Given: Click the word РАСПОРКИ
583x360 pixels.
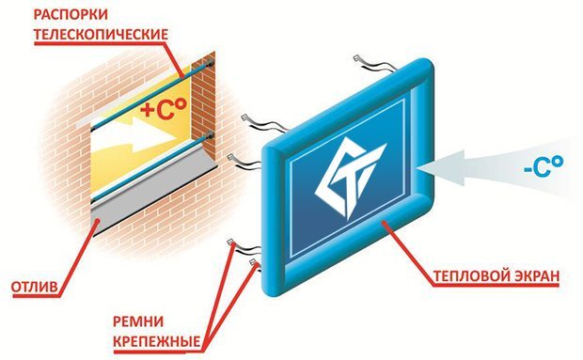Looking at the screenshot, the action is click(71, 14).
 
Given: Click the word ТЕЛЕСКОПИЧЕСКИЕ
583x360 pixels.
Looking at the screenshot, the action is click(101, 34).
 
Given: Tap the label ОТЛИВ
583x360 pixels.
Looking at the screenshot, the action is click(35, 287).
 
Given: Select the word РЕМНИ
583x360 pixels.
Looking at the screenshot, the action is click(138, 321).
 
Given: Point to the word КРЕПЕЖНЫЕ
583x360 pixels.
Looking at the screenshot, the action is click(156, 341).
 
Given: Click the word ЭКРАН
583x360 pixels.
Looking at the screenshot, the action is click(537, 276).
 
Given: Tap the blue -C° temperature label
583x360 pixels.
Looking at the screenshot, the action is click(544, 166).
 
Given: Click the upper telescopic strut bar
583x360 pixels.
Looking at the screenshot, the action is click(152, 94).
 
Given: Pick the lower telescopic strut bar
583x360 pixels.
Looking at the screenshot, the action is click(152, 167).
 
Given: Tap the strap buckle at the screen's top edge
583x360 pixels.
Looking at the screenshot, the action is click(357, 58).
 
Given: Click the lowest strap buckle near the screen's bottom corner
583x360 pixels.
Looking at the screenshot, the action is click(254, 261).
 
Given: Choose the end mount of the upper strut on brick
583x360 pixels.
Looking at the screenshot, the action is click(211, 63).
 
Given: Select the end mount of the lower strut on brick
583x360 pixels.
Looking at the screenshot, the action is click(211, 135).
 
